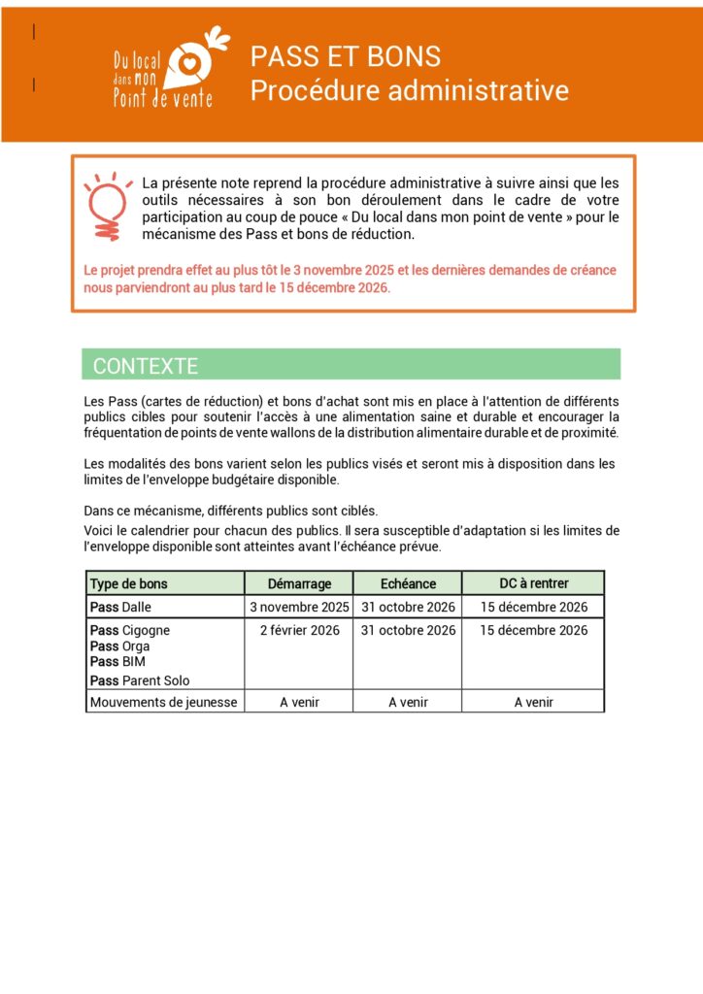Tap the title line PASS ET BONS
point(346,55)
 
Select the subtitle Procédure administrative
point(409,90)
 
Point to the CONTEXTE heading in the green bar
point(146,366)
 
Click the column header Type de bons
point(128,583)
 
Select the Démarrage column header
point(300,583)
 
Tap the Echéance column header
point(408,583)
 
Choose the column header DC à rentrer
point(534,583)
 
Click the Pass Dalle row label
point(120,608)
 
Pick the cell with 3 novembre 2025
point(299,608)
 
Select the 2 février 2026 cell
point(299,631)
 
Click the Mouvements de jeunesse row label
point(163,702)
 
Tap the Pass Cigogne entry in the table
point(129,631)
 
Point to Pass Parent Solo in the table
point(140,680)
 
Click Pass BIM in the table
point(117,661)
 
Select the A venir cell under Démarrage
point(299,702)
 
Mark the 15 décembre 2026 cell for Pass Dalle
point(534,608)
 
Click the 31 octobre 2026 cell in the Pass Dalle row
point(408,608)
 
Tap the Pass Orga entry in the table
point(119,646)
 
